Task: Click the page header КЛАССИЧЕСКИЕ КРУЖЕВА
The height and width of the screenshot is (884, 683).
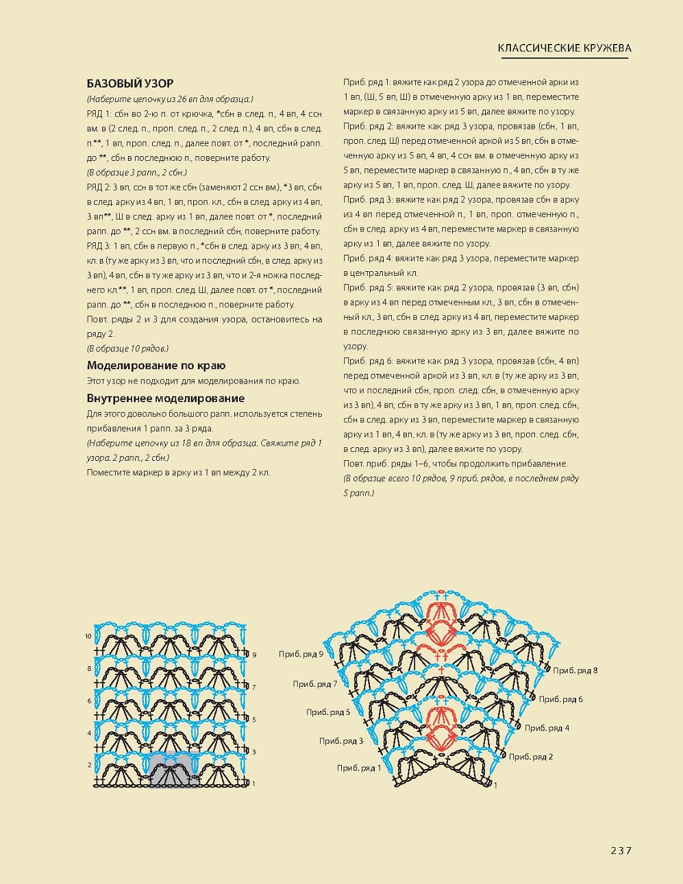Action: [564, 48]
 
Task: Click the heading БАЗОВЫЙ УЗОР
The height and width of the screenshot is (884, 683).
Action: [130, 84]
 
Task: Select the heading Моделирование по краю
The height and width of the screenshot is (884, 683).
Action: [156, 366]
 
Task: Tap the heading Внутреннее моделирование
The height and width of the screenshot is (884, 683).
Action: [166, 399]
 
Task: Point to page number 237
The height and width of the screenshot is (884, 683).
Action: [621, 850]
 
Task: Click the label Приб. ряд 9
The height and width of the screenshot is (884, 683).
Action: [301, 655]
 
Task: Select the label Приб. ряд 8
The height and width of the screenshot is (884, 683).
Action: [575, 670]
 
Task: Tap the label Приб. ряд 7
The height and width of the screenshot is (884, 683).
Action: [315, 684]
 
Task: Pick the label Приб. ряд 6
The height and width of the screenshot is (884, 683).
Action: [560, 699]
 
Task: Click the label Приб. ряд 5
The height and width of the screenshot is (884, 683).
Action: [328, 712]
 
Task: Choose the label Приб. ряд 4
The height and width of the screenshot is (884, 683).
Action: [547, 728]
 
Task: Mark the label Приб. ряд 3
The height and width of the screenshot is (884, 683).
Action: [341, 741]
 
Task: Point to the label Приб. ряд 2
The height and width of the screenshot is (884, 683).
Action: [531, 757]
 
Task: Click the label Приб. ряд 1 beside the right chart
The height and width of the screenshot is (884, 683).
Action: [358, 768]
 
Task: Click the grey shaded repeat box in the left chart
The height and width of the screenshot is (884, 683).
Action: [174, 770]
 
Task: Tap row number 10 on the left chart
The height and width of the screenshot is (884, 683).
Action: [88, 637]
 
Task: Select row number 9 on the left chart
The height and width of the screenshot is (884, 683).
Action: [254, 655]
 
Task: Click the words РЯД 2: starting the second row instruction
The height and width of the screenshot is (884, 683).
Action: [101, 187]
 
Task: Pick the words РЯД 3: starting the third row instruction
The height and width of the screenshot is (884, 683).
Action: [101, 246]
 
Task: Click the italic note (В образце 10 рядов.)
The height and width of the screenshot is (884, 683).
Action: [128, 349]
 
